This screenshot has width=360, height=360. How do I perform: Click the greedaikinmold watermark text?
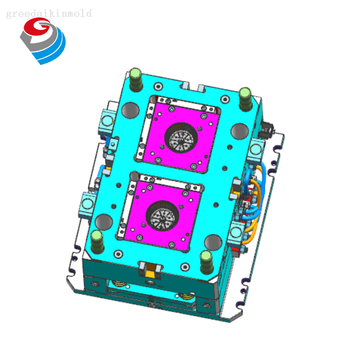tap(49, 13)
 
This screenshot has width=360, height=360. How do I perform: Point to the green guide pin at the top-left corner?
tap(136, 79)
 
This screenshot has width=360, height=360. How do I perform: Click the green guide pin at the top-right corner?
tap(245, 99)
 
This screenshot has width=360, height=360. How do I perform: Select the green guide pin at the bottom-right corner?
tap(206, 262)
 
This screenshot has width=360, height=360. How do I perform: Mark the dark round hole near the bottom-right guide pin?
tap(213, 242)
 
